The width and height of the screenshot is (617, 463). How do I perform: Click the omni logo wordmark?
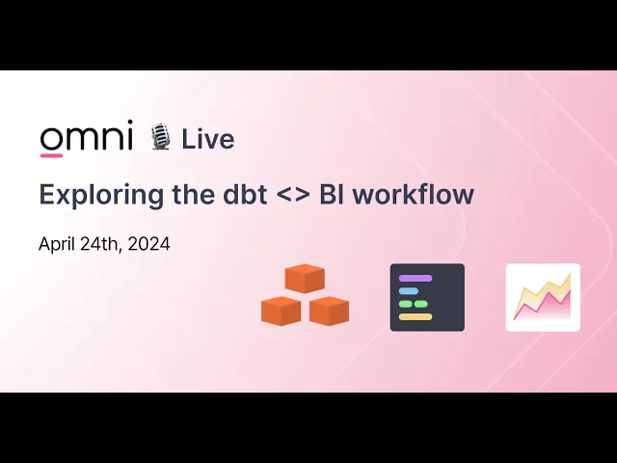(x=86, y=135)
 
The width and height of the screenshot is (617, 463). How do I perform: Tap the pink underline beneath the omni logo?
(x=51, y=155)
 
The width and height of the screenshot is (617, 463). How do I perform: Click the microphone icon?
(x=160, y=137)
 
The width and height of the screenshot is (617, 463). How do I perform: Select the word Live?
(x=208, y=139)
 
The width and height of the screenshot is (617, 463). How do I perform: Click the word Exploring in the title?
(x=101, y=196)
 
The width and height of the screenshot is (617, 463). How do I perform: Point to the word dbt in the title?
(x=245, y=194)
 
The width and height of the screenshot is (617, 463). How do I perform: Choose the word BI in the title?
(x=331, y=194)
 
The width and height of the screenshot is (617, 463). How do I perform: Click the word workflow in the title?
(x=414, y=194)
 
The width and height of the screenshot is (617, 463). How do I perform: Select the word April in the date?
(x=57, y=244)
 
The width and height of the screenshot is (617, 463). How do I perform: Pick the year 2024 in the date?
(x=148, y=244)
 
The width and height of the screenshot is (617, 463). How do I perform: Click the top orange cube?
(x=305, y=279)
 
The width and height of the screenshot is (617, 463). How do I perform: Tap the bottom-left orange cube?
(x=281, y=311)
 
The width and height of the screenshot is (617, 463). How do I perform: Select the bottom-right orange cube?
(x=329, y=311)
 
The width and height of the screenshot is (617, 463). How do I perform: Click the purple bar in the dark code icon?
(x=416, y=279)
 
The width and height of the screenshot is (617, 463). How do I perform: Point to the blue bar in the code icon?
(x=409, y=291)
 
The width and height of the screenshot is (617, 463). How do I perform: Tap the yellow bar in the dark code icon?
(x=416, y=317)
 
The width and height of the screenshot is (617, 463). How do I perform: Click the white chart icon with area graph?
(x=543, y=297)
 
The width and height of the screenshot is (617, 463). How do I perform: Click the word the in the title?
(x=193, y=194)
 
